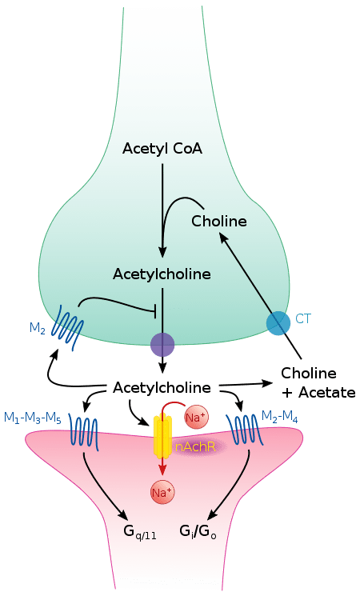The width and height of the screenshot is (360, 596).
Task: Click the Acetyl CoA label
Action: pos(162,149)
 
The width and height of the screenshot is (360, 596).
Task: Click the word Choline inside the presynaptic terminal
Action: pos(218,220)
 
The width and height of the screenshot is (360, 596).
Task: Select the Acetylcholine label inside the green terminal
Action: pos(162,274)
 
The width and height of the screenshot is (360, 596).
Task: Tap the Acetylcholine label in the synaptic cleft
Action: pos(162,388)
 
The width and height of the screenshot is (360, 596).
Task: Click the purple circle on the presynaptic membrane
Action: pos(162,345)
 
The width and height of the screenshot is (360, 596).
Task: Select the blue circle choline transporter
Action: pos(278,322)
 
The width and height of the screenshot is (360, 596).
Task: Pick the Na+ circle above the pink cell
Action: pos(195,418)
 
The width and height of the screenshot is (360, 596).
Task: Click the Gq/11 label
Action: pos(139,533)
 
